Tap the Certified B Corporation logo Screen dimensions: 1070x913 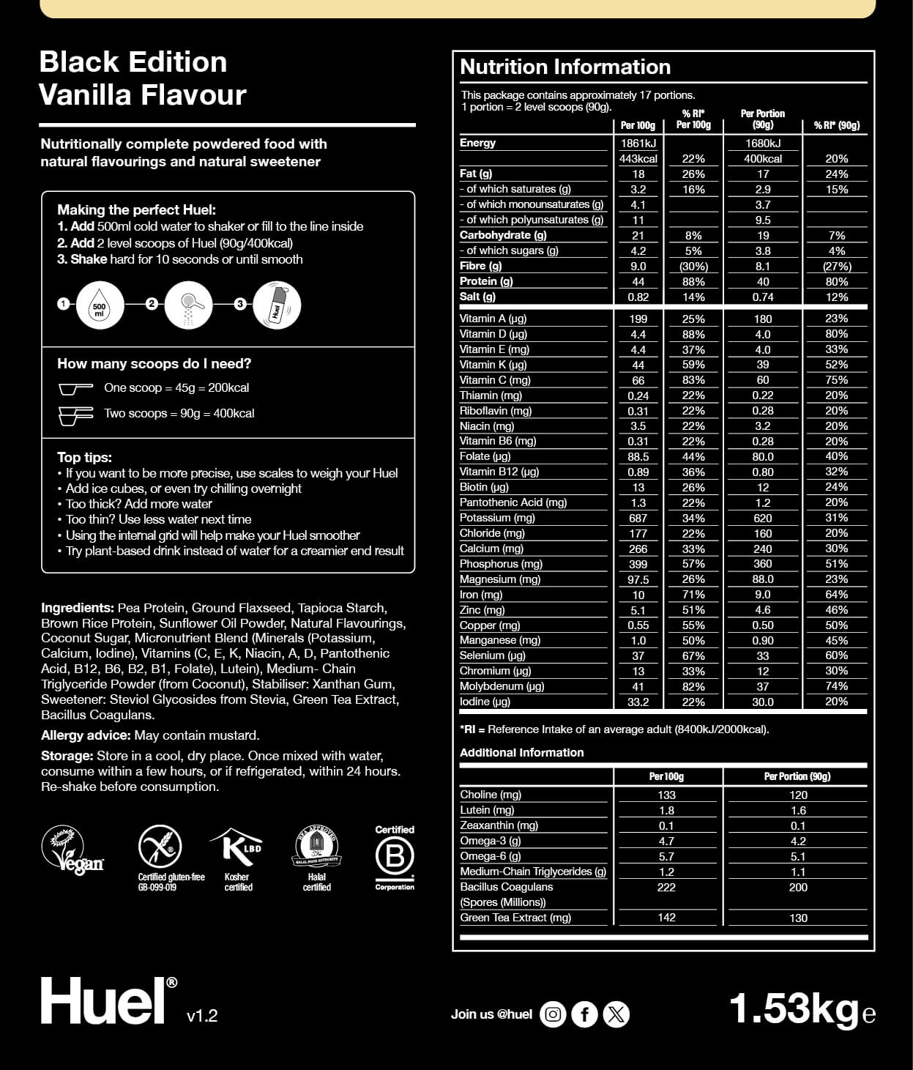click(x=395, y=856)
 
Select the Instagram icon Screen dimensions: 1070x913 click(x=554, y=1014)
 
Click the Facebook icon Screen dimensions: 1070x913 click(x=584, y=1014)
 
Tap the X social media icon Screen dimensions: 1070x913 click(x=616, y=1014)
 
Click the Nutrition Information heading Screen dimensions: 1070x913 click(x=565, y=67)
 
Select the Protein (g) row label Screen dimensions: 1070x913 click(x=486, y=281)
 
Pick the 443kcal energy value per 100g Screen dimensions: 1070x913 click(x=638, y=159)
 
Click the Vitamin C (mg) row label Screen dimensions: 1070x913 click(x=495, y=380)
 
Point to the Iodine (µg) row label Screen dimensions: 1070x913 click(x=485, y=702)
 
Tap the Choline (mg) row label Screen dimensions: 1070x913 click(x=491, y=795)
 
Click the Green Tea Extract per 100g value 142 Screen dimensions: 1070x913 click(x=666, y=918)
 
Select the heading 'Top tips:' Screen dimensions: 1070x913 click(x=85, y=458)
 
